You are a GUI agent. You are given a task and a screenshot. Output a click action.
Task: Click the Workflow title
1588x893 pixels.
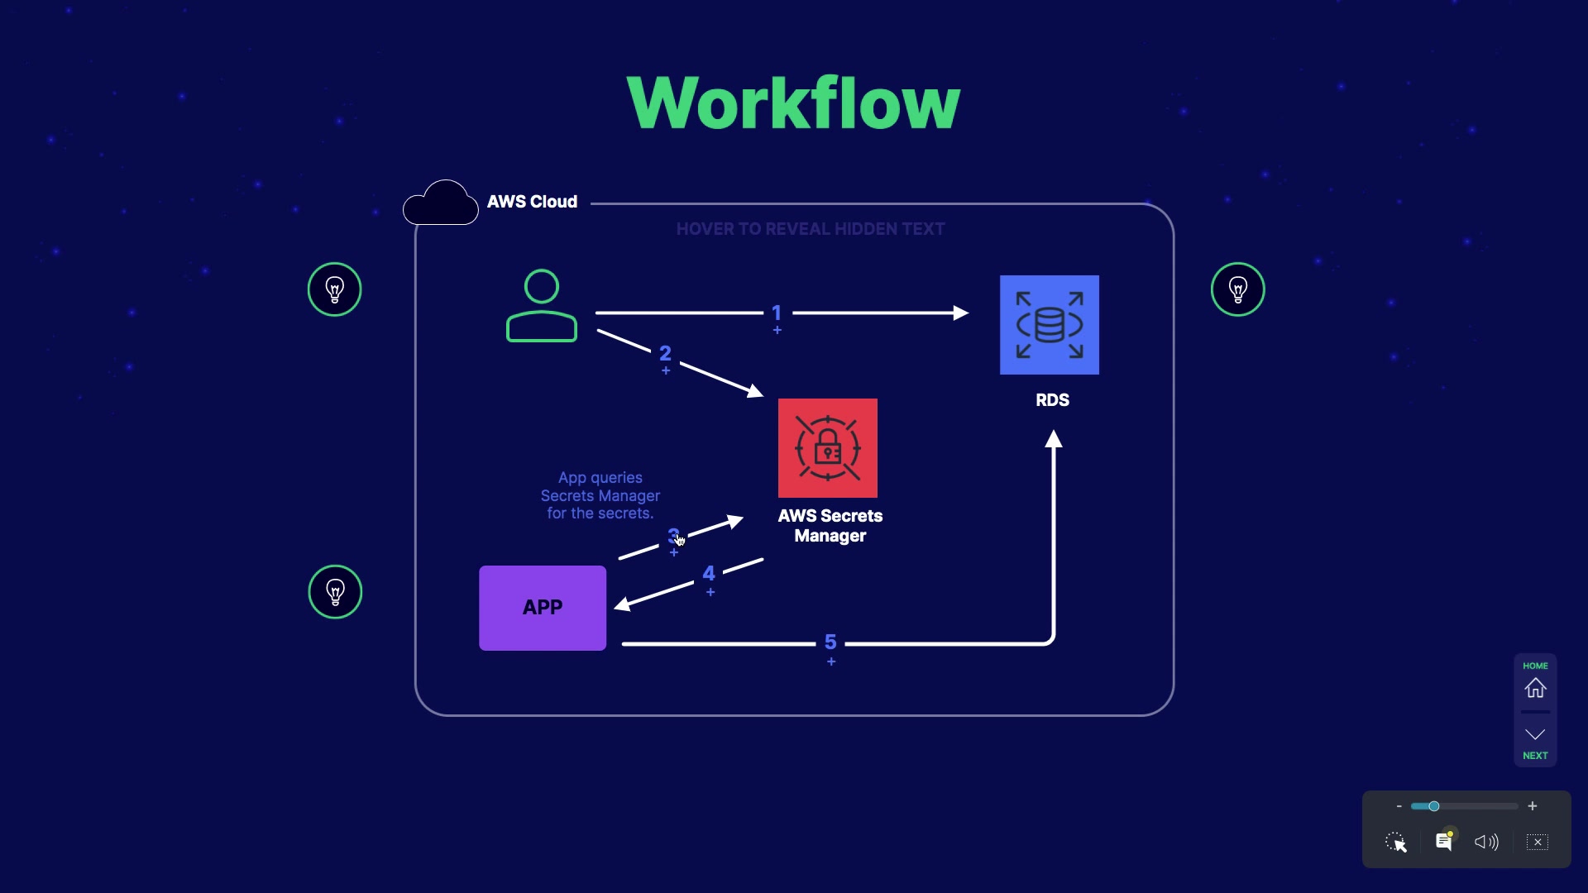click(793, 103)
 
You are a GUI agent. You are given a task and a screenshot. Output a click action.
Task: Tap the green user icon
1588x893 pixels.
click(542, 306)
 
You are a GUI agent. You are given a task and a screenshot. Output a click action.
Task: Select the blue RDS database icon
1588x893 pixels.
click(1049, 325)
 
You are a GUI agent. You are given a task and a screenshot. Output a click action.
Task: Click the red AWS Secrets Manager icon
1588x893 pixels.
click(827, 448)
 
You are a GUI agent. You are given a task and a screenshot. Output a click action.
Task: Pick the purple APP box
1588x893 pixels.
click(543, 608)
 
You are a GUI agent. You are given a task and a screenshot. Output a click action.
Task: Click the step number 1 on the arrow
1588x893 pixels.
click(777, 313)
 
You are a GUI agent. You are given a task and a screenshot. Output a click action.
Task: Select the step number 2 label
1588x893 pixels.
click(665, 354)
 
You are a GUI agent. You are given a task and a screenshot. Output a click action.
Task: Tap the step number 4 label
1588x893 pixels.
click(709, 574)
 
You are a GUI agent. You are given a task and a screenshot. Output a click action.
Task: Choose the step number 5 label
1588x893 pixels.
click(830, 642)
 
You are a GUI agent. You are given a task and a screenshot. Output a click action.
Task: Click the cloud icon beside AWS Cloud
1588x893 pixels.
click(441, 203)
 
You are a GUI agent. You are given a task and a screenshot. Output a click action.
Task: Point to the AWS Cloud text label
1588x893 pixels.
click(532, 202)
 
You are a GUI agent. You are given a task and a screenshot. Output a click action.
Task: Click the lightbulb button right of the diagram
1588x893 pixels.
click(1237, 289)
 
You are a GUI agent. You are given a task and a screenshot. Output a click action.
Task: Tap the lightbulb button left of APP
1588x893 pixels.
click(335, 592)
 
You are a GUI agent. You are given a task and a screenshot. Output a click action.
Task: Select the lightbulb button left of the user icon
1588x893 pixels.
click(334, 289)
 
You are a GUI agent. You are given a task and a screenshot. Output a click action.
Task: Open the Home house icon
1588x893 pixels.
click(1535, 688)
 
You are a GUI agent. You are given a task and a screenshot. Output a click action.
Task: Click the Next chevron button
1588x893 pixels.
click(1535, 735)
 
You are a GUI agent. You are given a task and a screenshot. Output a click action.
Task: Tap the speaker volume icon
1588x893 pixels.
click(1486, 842)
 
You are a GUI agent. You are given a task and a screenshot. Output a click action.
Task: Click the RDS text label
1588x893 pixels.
click(1052, 400)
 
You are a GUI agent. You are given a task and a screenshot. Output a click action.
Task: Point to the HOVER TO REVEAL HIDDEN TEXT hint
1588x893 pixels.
click(810, 229)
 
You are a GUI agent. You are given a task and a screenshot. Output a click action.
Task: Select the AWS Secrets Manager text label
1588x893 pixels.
click(830, 526)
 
